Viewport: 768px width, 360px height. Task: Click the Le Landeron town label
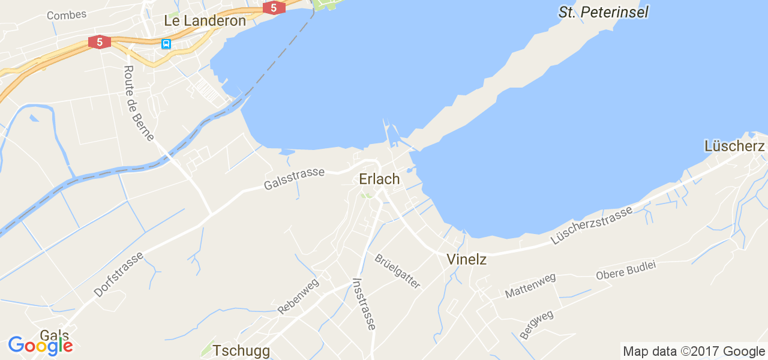pyautogui.click(x=205, y=21)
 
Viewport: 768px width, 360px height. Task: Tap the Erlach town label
pyautogui.click(x=379, y=179)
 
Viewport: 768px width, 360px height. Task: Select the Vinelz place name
pyautogui.click(x=466, y=260)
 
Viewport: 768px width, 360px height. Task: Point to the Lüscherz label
pyautogui.click(x=734, y=146)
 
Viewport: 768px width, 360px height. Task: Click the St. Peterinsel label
pyautogui.click(x=603, y=12)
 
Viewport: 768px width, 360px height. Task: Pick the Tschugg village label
pyautogui.click(x=241, y=350)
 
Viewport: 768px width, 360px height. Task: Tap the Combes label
pyautogui.click(x=67, y=14)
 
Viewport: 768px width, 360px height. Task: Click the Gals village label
pyautogui.click(x=55, y=335)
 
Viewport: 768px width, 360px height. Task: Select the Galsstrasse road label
pyautogui.click(x=294, y=179)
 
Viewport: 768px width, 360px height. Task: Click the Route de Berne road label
pyautogui.click(x=138, y=103)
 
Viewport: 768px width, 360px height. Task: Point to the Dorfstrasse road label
pyautogui.click(x=119, y=274)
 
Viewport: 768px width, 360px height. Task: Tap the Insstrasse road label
pyautogui.click(x=365, y=304)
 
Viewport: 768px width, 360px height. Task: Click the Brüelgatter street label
pyautogui.click(x=398, y=271)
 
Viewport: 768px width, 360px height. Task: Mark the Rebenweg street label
pyautogui.click(x=298, y=296)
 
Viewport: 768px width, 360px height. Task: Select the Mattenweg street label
pyautogui.click(x=530, y=286)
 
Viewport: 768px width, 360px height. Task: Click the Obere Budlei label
pyautogui.click(x=626, y=271)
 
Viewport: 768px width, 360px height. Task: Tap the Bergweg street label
pyautogui.click(x=536, y=324)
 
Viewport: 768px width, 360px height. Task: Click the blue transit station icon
pyautogui.click(x=166, y=44)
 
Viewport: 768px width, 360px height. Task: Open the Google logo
pyautogui.click(x=40, y=346)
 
